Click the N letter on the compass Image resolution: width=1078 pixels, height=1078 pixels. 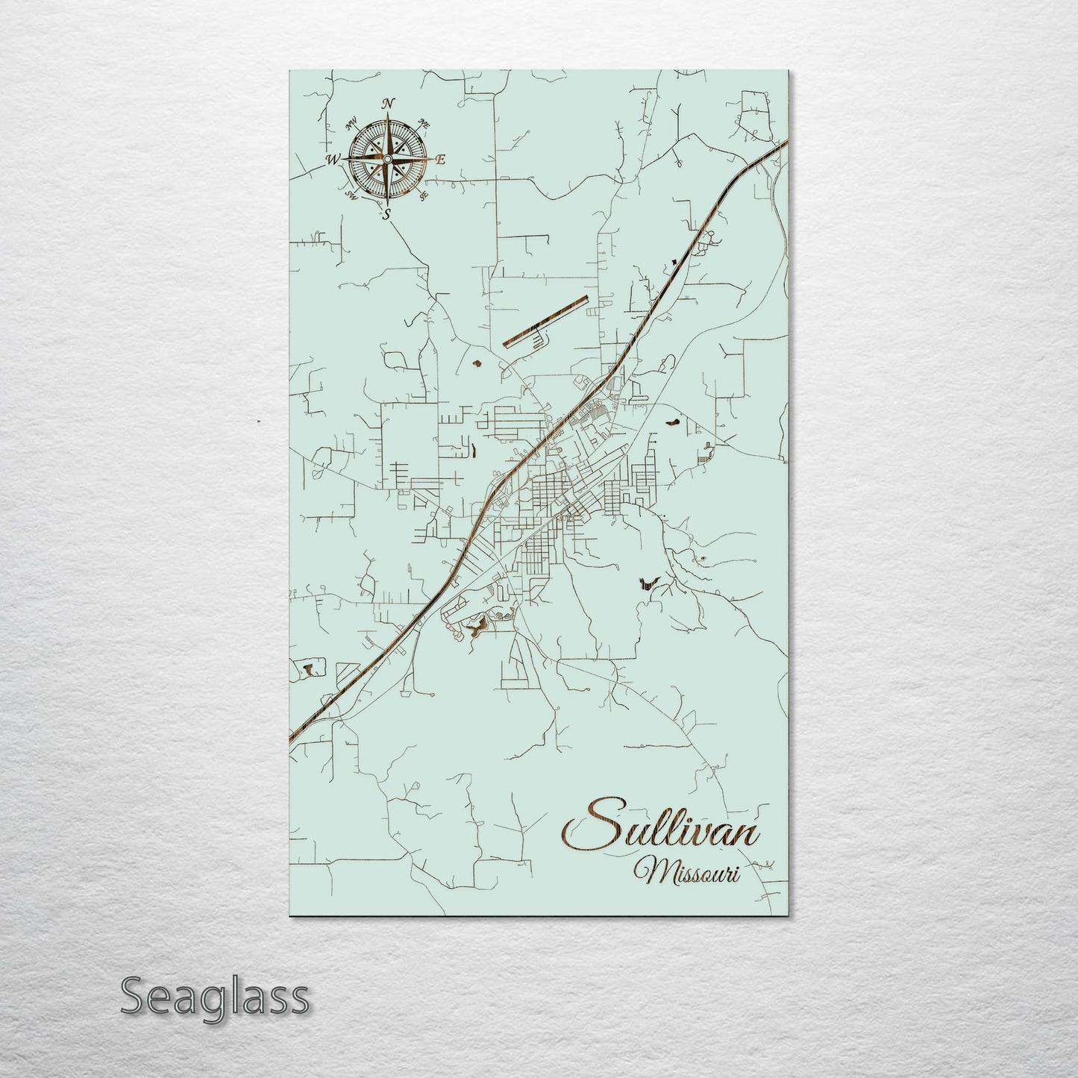tap(388, 104)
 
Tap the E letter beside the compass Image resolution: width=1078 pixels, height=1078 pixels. tap(440, 159)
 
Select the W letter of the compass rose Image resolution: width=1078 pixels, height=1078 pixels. tap(333, 159)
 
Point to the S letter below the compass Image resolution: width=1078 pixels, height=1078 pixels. tap(386, 215)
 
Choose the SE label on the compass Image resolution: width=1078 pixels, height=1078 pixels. tap(424, 196)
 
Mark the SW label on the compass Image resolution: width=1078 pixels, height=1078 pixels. tap(351, 196)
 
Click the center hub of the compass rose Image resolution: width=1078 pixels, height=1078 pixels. tap(387, 159)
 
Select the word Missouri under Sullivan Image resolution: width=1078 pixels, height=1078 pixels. tap(686, 870)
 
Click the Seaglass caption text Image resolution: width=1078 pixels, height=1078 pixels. tap(214, 997)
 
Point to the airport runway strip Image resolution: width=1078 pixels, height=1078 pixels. tap(545, 322)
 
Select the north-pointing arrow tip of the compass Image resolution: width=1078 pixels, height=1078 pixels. tap(388, 113)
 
